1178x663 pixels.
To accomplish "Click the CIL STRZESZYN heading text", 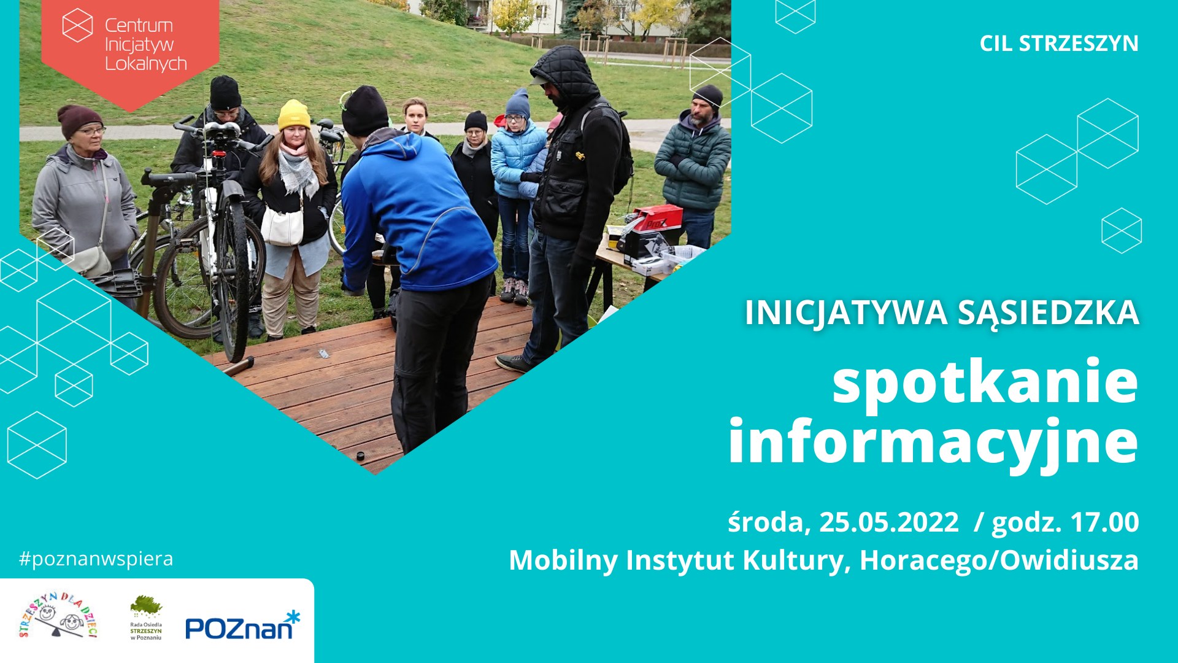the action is coord(1059,44).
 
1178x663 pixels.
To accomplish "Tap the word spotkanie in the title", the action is coord(985,382).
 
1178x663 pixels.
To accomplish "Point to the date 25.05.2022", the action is coord(889,522).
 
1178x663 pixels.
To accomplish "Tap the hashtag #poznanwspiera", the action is coord(96,559).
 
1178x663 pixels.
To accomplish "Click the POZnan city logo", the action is coord(243,626).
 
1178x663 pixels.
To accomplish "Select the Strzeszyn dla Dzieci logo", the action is coord(59,616).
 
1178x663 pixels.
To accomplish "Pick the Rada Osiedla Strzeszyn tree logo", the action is coord(146,618).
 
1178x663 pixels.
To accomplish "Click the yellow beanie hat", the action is coord(294,115).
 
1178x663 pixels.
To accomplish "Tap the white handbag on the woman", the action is coord(282,225).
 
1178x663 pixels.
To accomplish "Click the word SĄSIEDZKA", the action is coord(1049,313).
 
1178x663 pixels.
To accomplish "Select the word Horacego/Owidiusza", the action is coord(999,560).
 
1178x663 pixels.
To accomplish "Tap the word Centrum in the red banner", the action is coord(139,26).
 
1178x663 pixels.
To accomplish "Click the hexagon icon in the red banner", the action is coord(78,25).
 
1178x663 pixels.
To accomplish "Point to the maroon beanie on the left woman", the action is coord(79,119).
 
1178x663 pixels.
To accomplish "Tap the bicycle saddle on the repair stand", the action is coord(221,130).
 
